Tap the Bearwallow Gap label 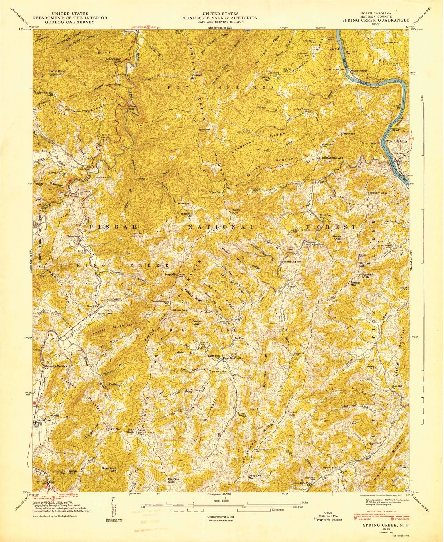(332, 158)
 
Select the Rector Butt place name (236, 212)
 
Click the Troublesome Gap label (160, 302)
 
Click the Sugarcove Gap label (109, 469)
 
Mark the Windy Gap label (265, 79)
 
